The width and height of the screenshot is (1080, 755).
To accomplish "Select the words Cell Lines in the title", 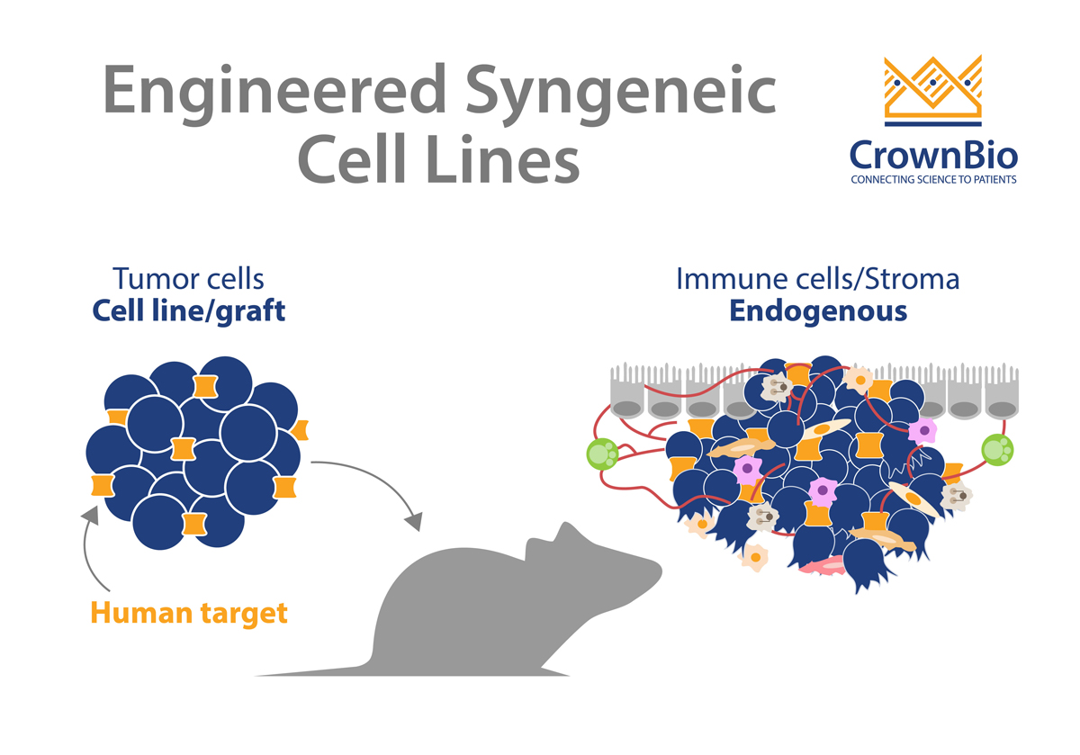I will (438, 162).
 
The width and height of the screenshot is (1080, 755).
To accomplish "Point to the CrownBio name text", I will (934, 155).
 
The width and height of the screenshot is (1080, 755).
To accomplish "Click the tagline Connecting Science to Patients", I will (934, 180).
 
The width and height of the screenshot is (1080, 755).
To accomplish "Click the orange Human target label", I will (189, 614).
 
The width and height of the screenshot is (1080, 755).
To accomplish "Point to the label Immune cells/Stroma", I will (817, 279).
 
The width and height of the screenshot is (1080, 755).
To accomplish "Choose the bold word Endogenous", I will (817, 311).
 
